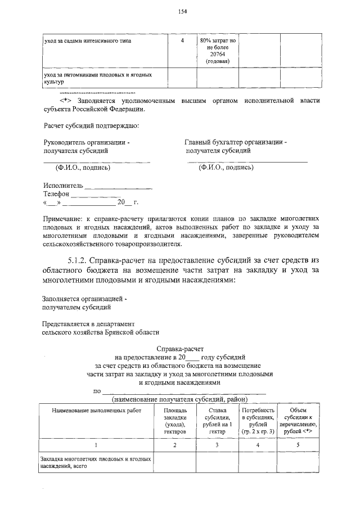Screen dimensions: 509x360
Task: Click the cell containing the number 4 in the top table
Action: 182,41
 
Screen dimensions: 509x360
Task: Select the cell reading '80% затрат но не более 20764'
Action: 217,51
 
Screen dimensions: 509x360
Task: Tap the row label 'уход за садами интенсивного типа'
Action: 88,42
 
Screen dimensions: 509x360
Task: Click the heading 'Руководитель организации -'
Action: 87,143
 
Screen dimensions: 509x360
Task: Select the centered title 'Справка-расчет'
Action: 180,349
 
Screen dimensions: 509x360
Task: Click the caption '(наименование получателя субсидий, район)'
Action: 180,399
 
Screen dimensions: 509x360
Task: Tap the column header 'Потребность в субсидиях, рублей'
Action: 257,421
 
